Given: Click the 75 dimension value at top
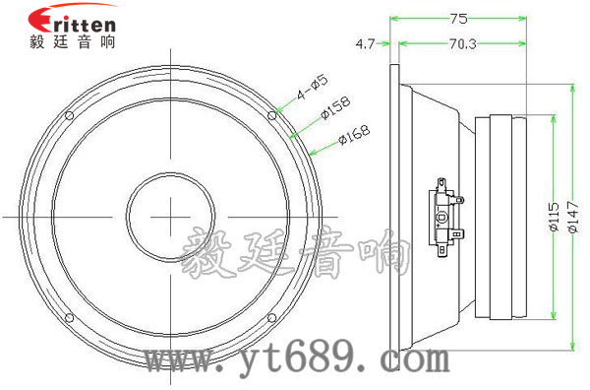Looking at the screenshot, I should [x=457, y=17].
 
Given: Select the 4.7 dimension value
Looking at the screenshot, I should [x=365, y=43].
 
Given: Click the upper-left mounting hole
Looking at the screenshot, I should [x=69, y=115].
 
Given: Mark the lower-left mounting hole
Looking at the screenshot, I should [x=69, y=318].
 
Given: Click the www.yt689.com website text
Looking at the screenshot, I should [x=294, y=361].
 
